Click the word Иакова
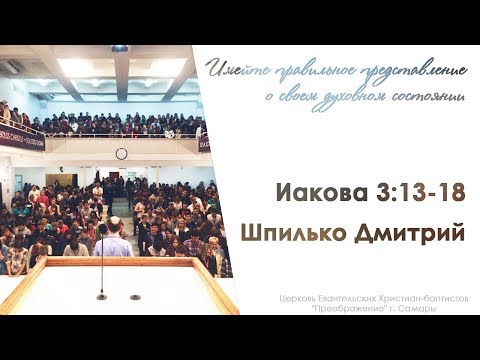pos(322,193)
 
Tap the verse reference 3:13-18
pos(421,193)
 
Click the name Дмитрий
pos(409,233)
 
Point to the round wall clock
pos(122,153)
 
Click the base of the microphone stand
pos(102,296)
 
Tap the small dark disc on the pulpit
pos(135,297)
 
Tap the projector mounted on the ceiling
pos(119,49)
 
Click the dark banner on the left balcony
pos(22,138)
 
